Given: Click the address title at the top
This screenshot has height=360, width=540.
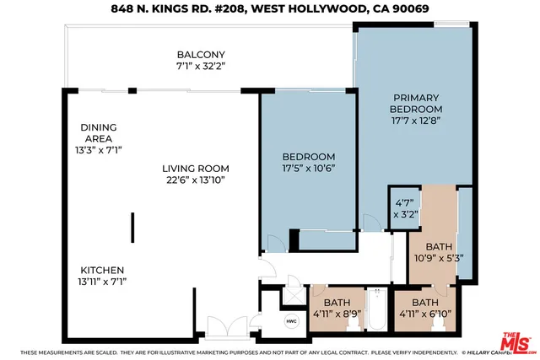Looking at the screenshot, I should click(269, 9).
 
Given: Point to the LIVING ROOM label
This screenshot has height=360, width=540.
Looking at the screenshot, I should click(195, 168).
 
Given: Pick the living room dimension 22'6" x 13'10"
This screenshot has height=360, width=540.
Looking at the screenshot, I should click(195, 180).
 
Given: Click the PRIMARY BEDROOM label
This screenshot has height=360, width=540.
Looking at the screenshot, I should click(415, 103).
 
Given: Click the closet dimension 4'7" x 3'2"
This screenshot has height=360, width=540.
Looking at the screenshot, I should click(403, 208).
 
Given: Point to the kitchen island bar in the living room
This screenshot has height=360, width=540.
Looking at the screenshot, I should click(132, 227).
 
